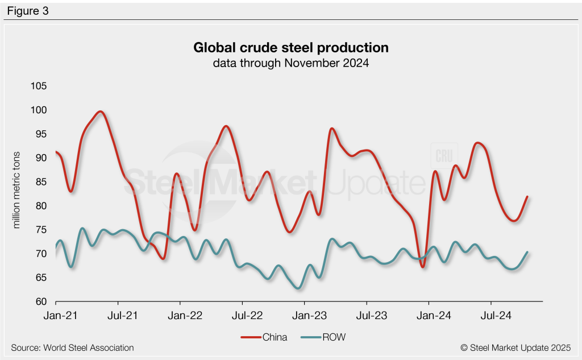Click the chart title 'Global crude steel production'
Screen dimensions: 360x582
291,47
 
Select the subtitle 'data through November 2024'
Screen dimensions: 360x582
291,63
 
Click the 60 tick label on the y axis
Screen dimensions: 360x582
40,301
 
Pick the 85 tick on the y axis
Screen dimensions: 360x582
40,182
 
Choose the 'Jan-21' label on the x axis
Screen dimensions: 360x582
56,313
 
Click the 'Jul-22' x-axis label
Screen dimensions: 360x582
242,313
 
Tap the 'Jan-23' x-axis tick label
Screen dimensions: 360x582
305,313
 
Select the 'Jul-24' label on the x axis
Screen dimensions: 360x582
490,313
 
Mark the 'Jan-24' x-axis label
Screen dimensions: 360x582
429,313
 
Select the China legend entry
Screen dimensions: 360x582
264,337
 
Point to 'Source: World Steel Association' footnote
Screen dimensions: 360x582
72,347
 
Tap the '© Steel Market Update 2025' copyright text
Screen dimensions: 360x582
516,347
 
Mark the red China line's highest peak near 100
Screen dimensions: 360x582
101,111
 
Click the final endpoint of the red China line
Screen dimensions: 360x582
527,197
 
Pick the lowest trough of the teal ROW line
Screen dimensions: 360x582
298,288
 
